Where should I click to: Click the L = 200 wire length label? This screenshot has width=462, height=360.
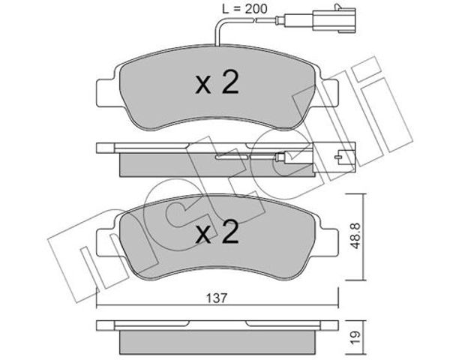[244, 9]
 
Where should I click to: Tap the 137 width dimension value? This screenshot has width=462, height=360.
[217, 298]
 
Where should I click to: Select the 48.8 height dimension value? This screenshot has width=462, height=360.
[355, 235]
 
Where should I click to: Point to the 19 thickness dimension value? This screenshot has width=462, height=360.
[355, 337]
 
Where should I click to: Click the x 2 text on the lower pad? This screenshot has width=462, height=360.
[217, 232]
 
